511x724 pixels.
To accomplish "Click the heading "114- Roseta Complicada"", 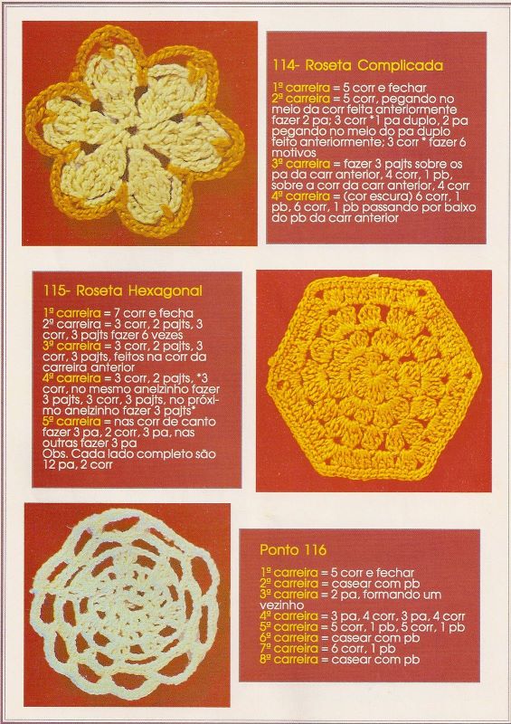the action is (x=358, y=65).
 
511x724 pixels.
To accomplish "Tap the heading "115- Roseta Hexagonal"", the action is (x=123, y=291).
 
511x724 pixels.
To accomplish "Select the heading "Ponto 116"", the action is (x=293, y=550).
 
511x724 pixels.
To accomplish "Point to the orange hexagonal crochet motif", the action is (x=374, y=378).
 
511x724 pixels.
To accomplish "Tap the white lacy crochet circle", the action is (x=125, y=603).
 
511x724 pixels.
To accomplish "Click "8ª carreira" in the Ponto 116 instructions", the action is (x=289, y=660).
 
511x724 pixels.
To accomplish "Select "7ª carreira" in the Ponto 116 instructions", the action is (x=289, y=649).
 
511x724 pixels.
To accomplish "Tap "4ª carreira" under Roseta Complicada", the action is (x=301, y=196).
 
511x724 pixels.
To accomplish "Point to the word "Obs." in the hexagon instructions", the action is (x=53, y=454).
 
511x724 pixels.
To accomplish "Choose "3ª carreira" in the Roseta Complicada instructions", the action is (x=301, y=164).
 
